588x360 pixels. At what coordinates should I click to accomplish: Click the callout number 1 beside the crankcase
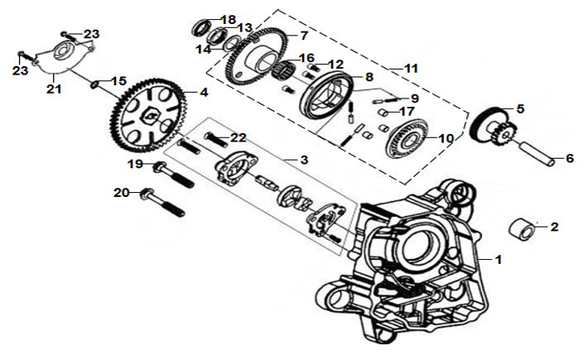coord(498,259)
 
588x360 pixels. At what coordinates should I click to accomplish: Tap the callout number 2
coord(555,226)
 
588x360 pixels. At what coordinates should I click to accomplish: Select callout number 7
coord(303,36)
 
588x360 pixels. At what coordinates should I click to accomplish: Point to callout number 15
coord(119,81)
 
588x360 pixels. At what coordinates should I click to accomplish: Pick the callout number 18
coord(229,18)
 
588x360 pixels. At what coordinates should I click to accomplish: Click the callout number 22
coord(239,137)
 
